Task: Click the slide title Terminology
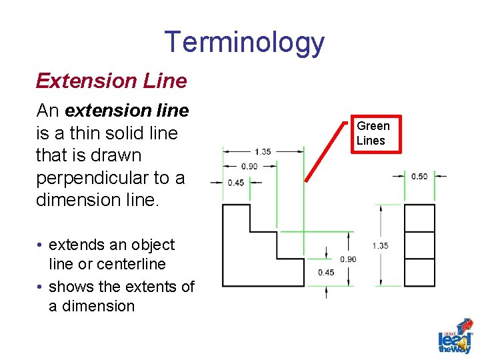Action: (x=244, y=42)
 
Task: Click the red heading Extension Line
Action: (x=111, y=81)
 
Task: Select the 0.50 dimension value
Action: (x=419, y=176)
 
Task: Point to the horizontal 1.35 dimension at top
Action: (x=263, y=151)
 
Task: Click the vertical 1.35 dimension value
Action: (x=380, y=246)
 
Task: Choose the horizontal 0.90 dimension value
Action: (x=249, y=166)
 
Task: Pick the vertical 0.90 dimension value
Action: (x=347, y=259)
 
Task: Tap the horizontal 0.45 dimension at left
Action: (x=235, y=183)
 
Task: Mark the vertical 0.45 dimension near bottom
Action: (x=326, y=272)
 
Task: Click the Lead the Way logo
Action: (x=455, y=337)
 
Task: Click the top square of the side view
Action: (x=419, y=218)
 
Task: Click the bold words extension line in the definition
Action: (x=127, y=110)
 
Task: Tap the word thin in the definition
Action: (x=82, y=133)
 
